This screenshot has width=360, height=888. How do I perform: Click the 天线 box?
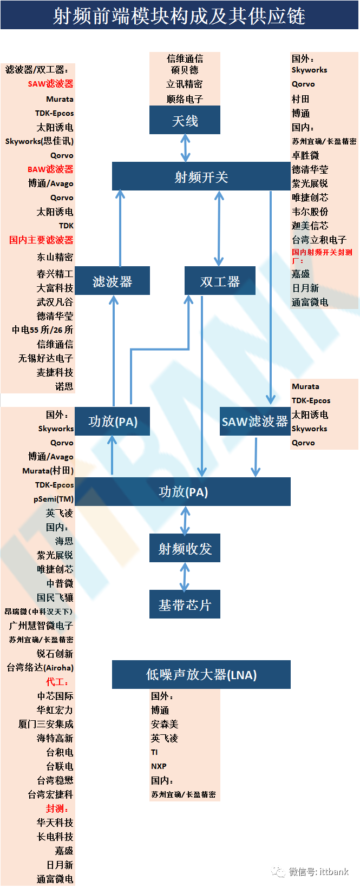(x=185, y=120)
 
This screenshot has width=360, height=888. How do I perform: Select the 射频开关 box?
(x=201, y=176)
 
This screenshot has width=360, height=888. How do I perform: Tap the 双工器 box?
(x=220, y=281)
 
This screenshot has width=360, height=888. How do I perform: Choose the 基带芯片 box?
(x=185, y=604)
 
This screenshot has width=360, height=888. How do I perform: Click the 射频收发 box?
(x=185, y=548)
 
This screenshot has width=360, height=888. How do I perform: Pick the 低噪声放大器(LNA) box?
(x=201, y=674)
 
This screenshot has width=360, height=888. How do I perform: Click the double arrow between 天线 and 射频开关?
(x=185, y=148)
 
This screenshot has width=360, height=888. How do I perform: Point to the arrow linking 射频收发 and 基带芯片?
(x=185, y=576)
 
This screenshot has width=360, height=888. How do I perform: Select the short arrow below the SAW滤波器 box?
(x=256, y=457)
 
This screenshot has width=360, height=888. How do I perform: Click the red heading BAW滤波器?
(x=50, y=169)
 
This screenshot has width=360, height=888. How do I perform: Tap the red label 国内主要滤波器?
(x=41, y=240)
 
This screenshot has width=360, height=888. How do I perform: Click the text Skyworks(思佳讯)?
(x=40, y=141)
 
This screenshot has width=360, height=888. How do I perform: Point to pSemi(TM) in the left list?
(x=54, y=499)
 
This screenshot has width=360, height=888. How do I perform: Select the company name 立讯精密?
(x=185, y=84)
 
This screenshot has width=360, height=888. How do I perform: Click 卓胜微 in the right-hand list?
(x=305, y=155)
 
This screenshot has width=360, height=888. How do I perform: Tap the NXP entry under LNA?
(x=159, y=766)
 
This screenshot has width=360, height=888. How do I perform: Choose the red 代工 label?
(x=57, y=682)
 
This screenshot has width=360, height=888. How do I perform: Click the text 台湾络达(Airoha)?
(x=40, y=668)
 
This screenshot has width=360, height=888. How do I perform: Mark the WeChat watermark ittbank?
(x=319, y=872)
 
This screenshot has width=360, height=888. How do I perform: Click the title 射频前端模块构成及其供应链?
(x=179, y=16)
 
